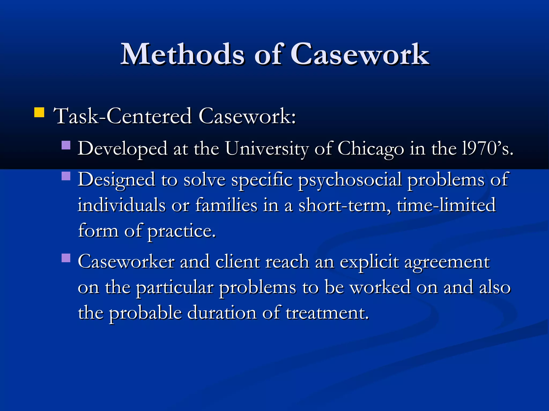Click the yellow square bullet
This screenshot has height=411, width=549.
[x=39, y=112]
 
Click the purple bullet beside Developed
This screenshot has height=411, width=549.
[x=66, y=145]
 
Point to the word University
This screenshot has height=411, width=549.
[x=267, y=149]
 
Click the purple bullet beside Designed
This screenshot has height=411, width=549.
[x=66, y=176]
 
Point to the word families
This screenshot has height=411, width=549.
[x=226, y=205]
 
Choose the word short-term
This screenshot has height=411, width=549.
[x=344, y=205]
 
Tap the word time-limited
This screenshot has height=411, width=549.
[x=446, y=205]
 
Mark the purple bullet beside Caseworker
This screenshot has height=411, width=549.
[x=66, y=258]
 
